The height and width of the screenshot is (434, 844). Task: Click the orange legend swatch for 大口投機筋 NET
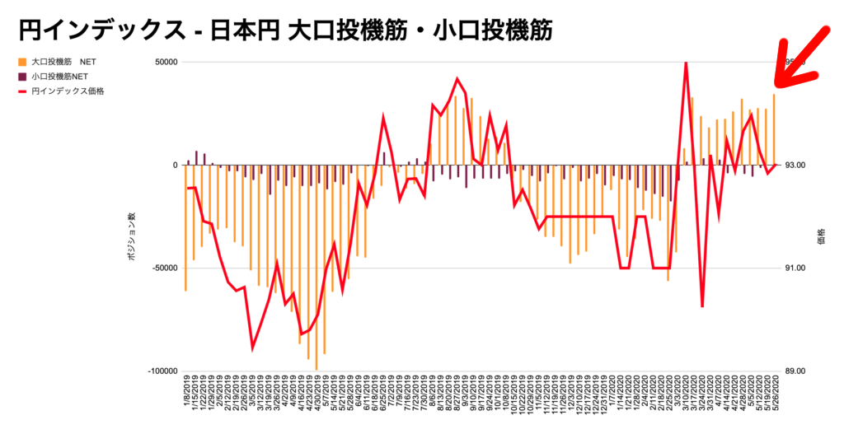[x=21, y=62]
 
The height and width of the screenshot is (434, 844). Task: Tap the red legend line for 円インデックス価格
[x=21, y=91]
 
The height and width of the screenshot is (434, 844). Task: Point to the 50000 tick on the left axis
[x=166, y=62]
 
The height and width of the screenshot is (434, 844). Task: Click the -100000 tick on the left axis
[x=162, y=371]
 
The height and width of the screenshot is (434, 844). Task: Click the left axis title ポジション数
[x=131, y=237]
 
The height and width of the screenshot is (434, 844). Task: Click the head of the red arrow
[x=779, y=82]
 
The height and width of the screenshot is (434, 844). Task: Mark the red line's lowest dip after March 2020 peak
[x=702, y=306]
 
